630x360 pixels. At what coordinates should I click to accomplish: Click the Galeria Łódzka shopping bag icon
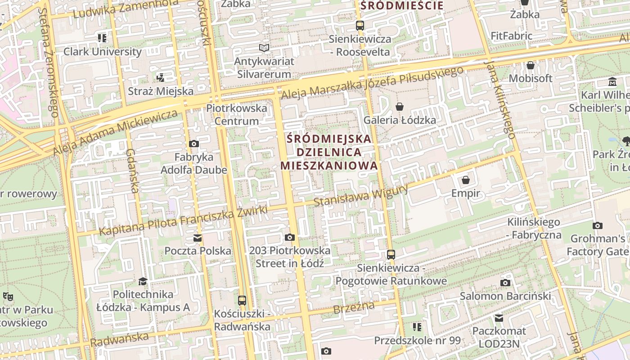click(x=399, y=107)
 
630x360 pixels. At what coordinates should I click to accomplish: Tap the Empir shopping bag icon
click(x=466, y=180)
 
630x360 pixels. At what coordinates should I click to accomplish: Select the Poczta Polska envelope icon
click(x=198, y=238)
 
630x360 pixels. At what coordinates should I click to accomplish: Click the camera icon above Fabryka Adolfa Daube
click(x=194, y=144)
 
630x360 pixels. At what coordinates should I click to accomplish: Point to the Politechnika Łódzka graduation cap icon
click(x=143, y=281)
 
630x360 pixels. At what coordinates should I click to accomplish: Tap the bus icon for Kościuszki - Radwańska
click(x=242, y=300)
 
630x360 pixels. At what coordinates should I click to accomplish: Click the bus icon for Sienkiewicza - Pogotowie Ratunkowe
click(x=391, y=255)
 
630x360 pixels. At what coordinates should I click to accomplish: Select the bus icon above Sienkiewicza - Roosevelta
click(x=360, y=25)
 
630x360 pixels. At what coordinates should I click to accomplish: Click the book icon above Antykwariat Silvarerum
click(x=264, y=48)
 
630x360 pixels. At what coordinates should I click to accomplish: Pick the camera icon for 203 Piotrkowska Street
click(x=290, y=237)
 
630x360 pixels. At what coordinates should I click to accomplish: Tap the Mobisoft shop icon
click(x=531, y=65)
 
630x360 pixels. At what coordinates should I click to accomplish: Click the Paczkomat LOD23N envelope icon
click(x=499, y=318)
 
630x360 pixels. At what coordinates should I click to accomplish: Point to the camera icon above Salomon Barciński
click(x=505, y=283)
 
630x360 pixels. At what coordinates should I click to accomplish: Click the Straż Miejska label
click(x=161, y=91)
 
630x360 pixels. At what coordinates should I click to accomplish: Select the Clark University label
click(x=103, y=51)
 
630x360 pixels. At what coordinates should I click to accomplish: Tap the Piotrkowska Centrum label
click(x=237, y=115)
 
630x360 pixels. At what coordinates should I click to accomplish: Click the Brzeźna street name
click(x=354, y=308)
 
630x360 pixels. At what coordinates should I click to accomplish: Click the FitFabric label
click(x=512, y=36)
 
